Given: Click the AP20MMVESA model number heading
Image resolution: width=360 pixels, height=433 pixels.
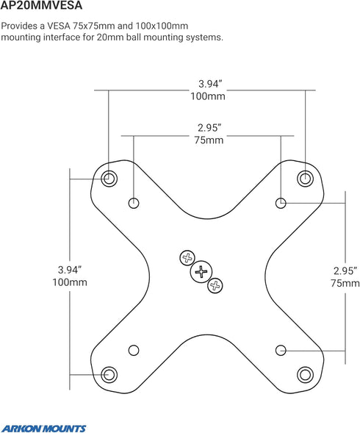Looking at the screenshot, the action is point(41,5).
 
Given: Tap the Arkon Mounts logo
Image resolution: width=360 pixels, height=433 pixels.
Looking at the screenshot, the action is point(43,429).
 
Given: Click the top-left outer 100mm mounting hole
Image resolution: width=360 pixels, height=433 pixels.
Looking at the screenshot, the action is point(109,179).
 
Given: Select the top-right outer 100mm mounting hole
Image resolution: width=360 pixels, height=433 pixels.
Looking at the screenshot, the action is point(305,178).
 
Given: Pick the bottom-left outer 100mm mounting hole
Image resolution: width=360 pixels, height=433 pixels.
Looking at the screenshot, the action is point(109,374).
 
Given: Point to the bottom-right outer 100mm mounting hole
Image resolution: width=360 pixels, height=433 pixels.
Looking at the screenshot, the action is point(305,374).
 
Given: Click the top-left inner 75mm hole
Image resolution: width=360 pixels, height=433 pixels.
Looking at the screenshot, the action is point(134,203).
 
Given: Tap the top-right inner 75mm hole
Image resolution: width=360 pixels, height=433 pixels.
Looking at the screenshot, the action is point(281,203).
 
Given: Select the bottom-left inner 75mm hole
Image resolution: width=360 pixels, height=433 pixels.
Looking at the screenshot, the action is point(134,350).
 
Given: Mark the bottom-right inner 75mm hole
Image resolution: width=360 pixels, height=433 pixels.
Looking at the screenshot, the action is point(281,350).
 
